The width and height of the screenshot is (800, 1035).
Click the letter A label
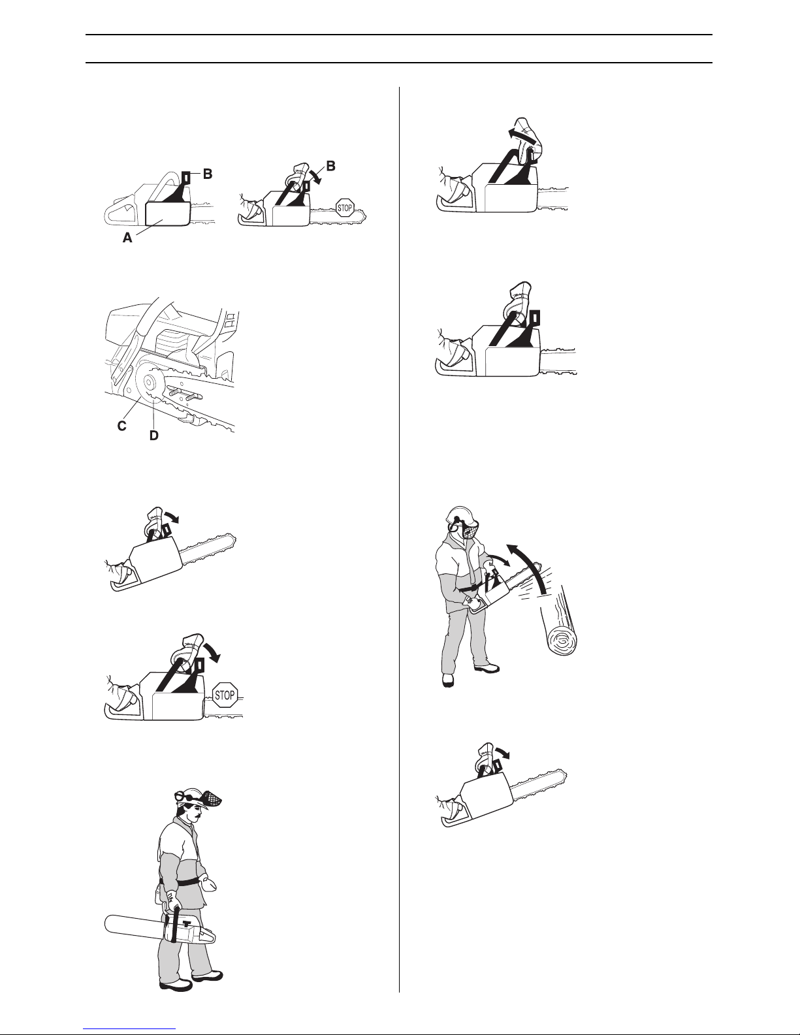[x=127, y=237]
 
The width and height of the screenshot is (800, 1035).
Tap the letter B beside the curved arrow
[x=330, y=166]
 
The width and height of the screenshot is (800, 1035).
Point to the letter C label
[x=122, y=426]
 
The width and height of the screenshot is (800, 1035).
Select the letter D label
[x=154, y=436]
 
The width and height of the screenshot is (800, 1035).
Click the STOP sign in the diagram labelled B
[x=345, y=208]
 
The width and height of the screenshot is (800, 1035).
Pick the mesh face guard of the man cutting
[x=469, y=529]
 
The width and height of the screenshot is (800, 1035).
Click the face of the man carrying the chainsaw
[x=195, y=810]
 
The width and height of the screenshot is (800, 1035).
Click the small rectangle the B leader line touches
[x=187, y=178]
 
